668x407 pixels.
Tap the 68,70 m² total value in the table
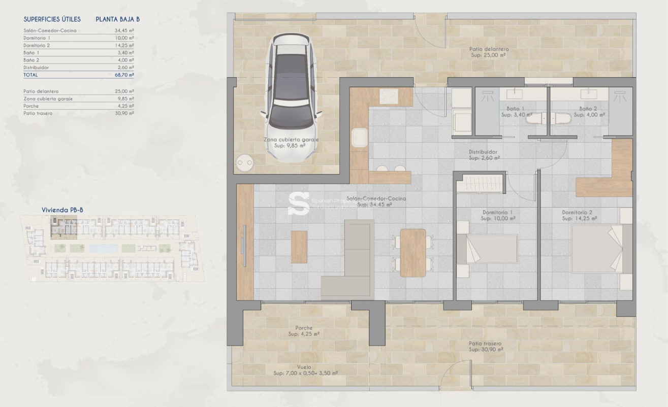(x=124, y=75)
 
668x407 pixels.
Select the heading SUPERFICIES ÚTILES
(x=52, y=20)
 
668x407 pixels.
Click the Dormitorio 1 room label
(x=491, y=212)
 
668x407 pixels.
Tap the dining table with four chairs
(x=412, y=252)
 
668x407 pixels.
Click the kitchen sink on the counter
(x=360, y=137)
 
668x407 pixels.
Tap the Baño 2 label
(x=588, y=109)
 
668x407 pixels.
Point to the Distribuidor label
(x=483, y=152)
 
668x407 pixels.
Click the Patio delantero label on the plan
(x=489, y=49)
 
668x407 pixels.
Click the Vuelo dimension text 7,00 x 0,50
(x=305, y=373)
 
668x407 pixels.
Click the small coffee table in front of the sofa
(x=299, y=247)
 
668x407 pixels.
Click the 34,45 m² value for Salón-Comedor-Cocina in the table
(x=124, y=30)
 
